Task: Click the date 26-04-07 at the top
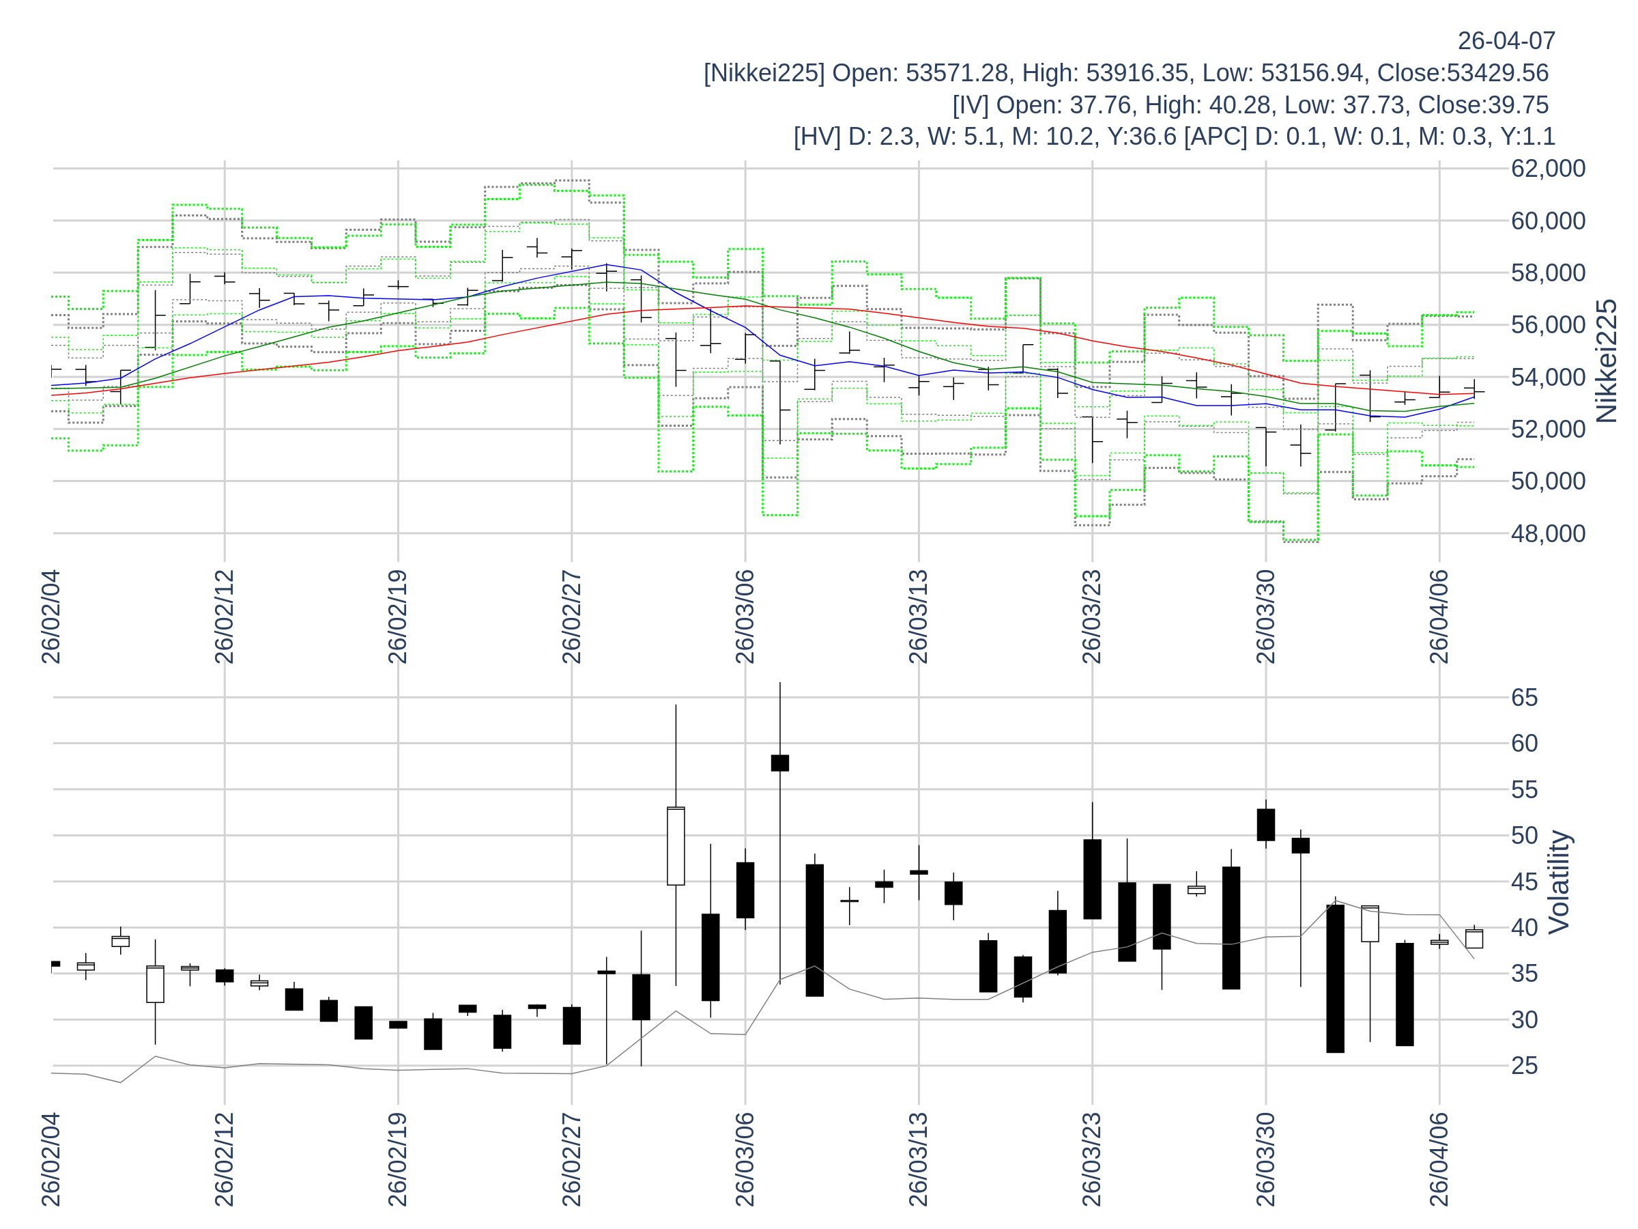tap(1506, 41)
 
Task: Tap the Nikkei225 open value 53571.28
tap(957, 72)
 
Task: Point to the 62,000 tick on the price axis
tap(1548, 168)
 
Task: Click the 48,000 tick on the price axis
tap(1548, 533)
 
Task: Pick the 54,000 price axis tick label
tap(1548, 377)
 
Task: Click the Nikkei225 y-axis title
tap(1607, 361)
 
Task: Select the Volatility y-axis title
tap(1559, 881)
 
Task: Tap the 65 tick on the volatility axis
tap(1525, 697)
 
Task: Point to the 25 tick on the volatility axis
tap(1525, 1065)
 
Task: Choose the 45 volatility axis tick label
tap(1525, 881)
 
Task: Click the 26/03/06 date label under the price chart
tap(745, 617)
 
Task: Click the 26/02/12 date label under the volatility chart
tap(225, 1159)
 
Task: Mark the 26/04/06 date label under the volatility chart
tap(1439, 1159)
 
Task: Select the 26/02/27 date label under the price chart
tap(571, 617)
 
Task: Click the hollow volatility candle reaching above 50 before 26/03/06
tap(676, 845)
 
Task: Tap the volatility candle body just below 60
tap(779, 763)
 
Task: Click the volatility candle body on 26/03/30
tap(1265, 825)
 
